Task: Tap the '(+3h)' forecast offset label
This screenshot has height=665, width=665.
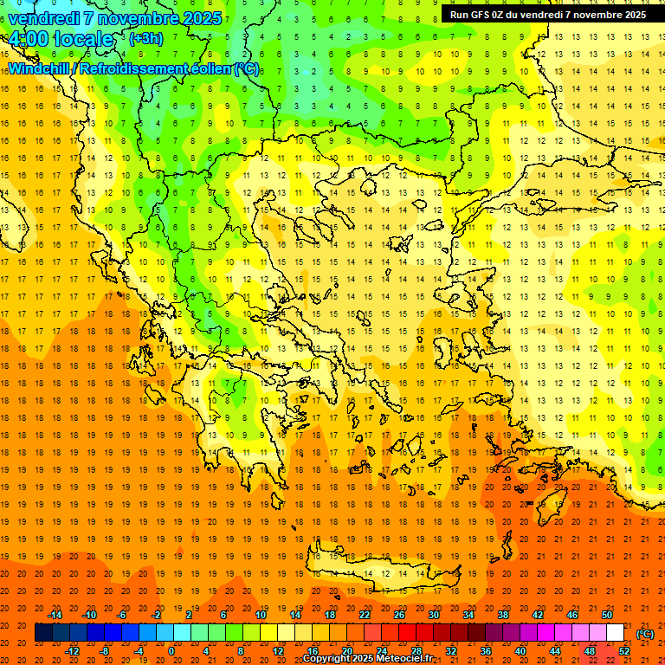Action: tap(145, 38)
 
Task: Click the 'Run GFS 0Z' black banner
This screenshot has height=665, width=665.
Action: tap(547, 15)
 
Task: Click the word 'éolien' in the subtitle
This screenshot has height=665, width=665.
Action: tap(205, 68)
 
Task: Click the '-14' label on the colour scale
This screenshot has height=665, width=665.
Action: tap(55, 614)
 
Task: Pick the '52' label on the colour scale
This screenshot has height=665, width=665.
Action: tap(624, 650)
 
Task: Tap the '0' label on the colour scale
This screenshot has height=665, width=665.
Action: tap(171, 650)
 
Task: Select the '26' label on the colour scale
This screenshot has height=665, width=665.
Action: tap(399, 614)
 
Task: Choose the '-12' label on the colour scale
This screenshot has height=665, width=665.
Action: tap(72, 650)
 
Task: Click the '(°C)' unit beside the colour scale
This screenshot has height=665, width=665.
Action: tap(645, 633)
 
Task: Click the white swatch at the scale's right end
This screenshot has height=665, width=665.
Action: tap(616, 633)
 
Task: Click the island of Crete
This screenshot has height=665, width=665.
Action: tap(384, 572)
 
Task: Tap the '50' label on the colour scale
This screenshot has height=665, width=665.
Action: tap(607, 614)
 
